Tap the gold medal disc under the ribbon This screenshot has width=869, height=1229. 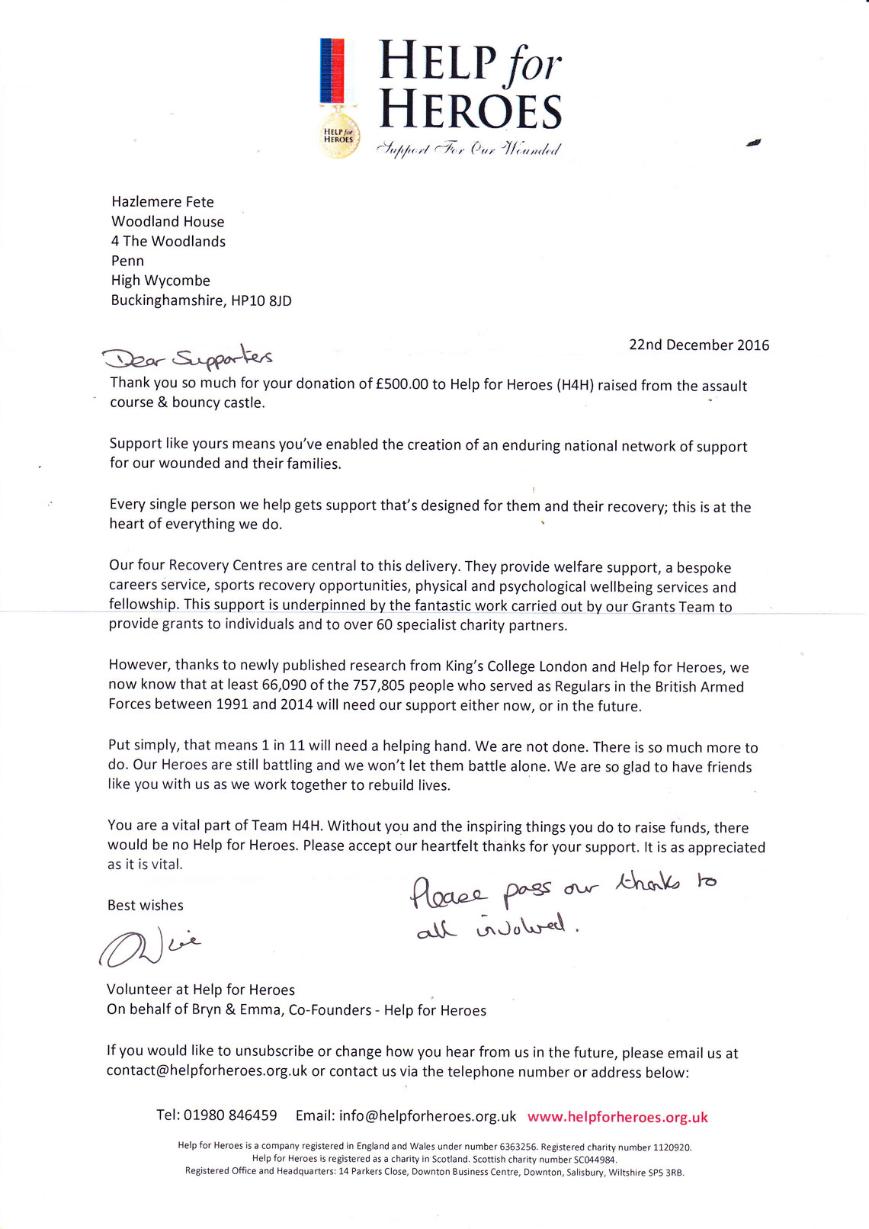click(339, 136)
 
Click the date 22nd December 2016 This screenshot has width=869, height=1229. click(699, 345)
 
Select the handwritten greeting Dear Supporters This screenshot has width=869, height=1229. click(188, 356)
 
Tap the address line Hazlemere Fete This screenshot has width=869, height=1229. click(162, 202)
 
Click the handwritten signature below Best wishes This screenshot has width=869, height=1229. click(149, 947)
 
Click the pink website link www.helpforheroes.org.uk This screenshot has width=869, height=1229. click(617, 1117)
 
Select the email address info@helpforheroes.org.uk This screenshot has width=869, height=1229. click(428, 1116)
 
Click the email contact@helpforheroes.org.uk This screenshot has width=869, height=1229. click(207, 1070)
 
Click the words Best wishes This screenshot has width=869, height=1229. click(146, 905)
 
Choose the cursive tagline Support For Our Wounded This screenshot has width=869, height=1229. click(469, 149)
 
